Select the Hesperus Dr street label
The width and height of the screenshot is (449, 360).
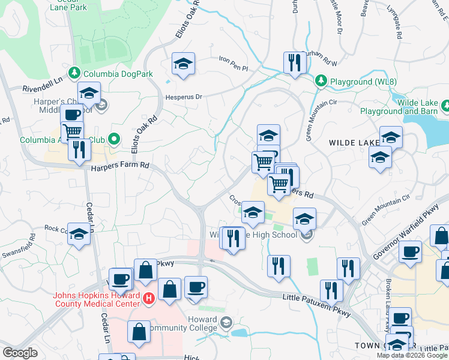185,96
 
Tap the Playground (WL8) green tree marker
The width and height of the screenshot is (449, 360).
321,80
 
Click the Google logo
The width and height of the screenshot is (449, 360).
20,353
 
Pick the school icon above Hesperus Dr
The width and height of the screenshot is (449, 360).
183,64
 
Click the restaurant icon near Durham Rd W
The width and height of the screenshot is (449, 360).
294,63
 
